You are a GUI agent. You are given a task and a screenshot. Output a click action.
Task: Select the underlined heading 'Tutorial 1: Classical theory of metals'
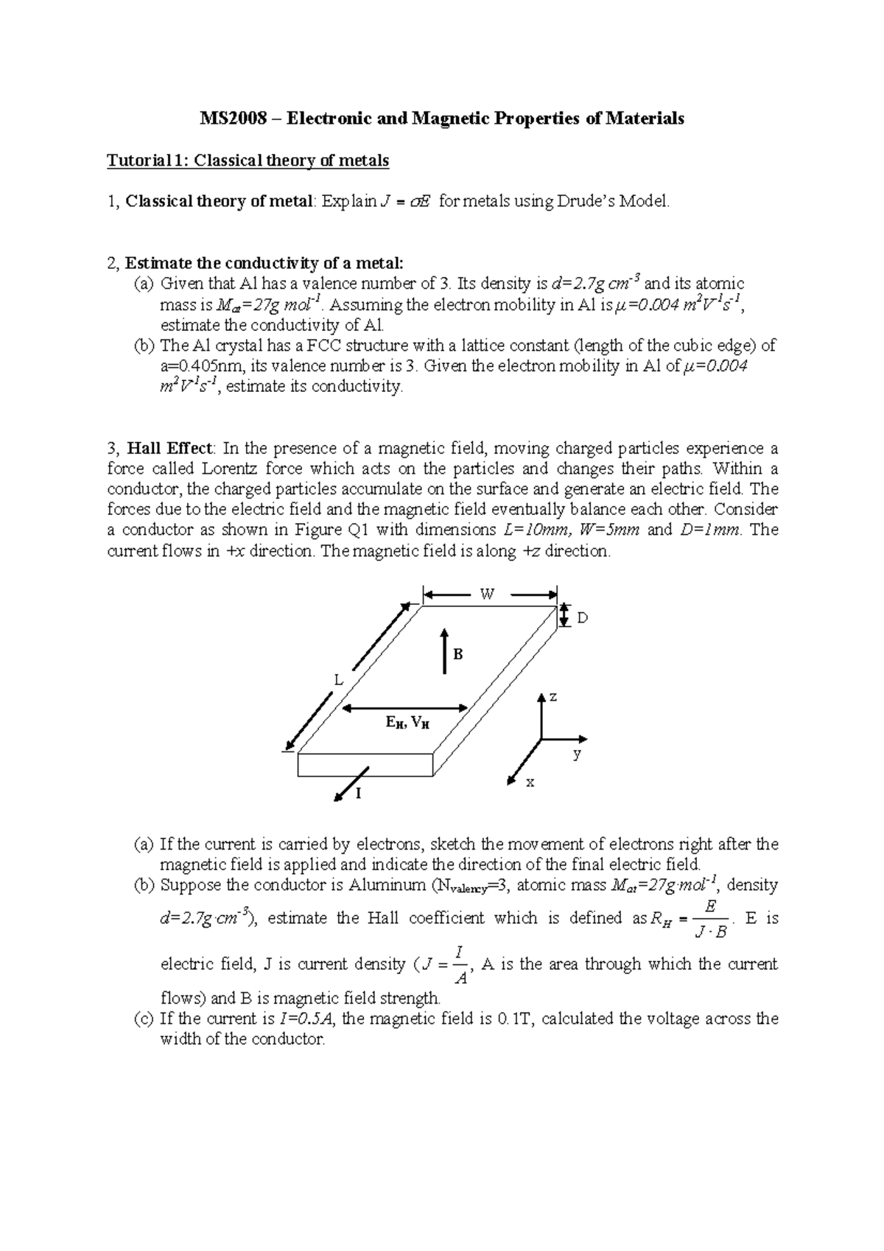point(248,160)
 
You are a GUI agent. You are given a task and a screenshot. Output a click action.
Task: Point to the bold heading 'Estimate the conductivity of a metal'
point(264,262)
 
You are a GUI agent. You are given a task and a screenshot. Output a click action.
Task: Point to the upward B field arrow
point(444,651)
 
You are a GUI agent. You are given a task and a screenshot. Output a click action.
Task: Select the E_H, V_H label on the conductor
point(407,723)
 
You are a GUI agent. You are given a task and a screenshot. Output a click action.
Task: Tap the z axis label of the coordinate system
point(552,697)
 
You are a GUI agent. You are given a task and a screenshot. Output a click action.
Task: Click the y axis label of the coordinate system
point(578,754)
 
